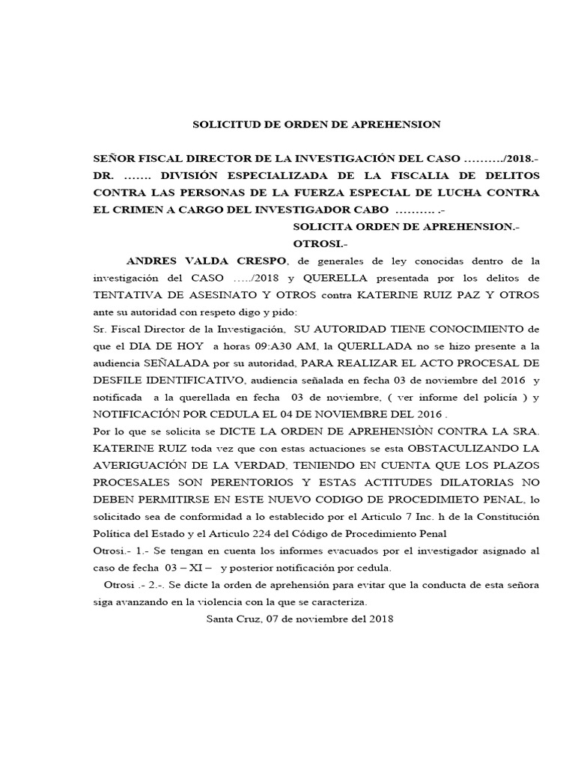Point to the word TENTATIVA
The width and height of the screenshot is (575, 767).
(125, 294)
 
